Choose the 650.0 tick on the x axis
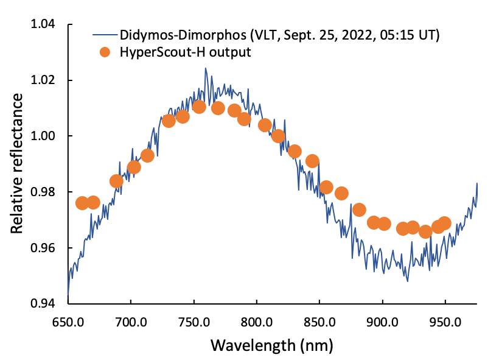68,321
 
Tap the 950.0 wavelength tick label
444,321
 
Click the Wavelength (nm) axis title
272,345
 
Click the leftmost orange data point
83,203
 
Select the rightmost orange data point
444,224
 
